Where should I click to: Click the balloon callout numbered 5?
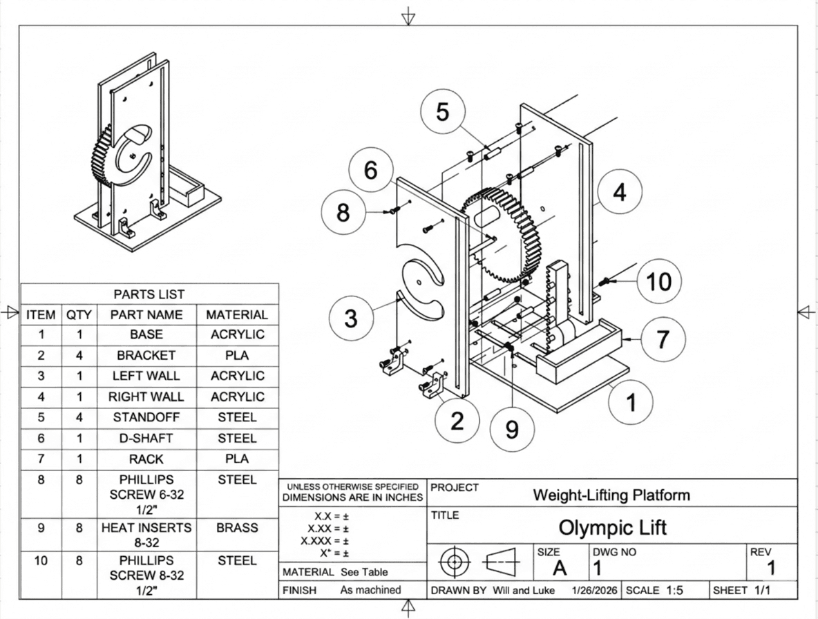(x=442, y=112)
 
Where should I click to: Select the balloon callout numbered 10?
(x=658, y=281)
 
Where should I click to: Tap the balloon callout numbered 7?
(x=663, y=339)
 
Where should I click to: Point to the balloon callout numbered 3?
(x=351, y=318)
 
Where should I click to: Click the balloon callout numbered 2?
(x=457, y=420)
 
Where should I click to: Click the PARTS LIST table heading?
(x=149, y=294)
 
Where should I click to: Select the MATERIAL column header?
(x=237, y=315)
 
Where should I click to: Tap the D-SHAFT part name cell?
(x=146, y=438)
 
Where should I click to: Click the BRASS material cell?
(x=238, y=528)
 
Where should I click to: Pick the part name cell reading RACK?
(x=146, y=459)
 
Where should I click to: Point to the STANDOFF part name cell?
(x=146, y=417)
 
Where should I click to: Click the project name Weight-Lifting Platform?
(x=611, y=495)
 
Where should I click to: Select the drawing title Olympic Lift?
(x=612, y=527)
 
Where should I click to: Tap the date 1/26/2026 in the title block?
(x=594, y=590)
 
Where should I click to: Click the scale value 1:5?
(x=674, y=590)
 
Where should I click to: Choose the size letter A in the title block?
(x=560, y=568)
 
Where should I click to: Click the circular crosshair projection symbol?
(x=455, y=562)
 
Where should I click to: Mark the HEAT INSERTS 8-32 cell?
(x=146, y=535)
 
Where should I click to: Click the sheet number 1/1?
(x=762, y=590)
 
